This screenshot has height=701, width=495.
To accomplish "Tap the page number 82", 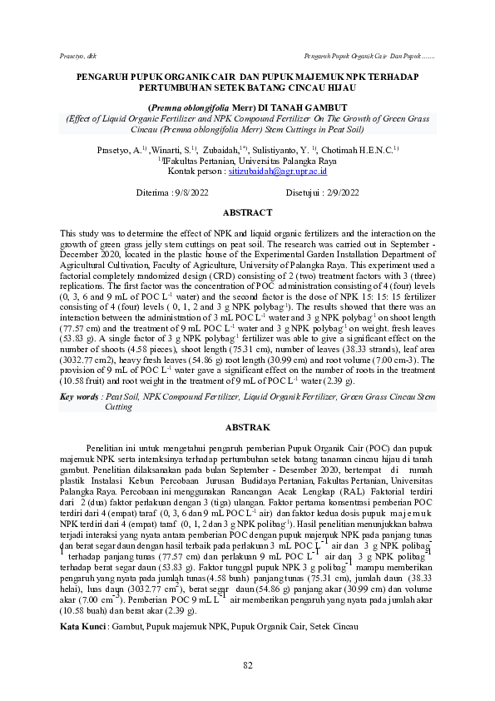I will [247, 664].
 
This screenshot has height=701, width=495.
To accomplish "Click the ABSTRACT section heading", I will [247, 213].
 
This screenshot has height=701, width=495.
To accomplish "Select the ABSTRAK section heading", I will [247, 427].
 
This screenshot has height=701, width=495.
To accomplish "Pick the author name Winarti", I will [173, 150].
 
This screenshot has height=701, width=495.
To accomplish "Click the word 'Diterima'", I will [152, 193].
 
